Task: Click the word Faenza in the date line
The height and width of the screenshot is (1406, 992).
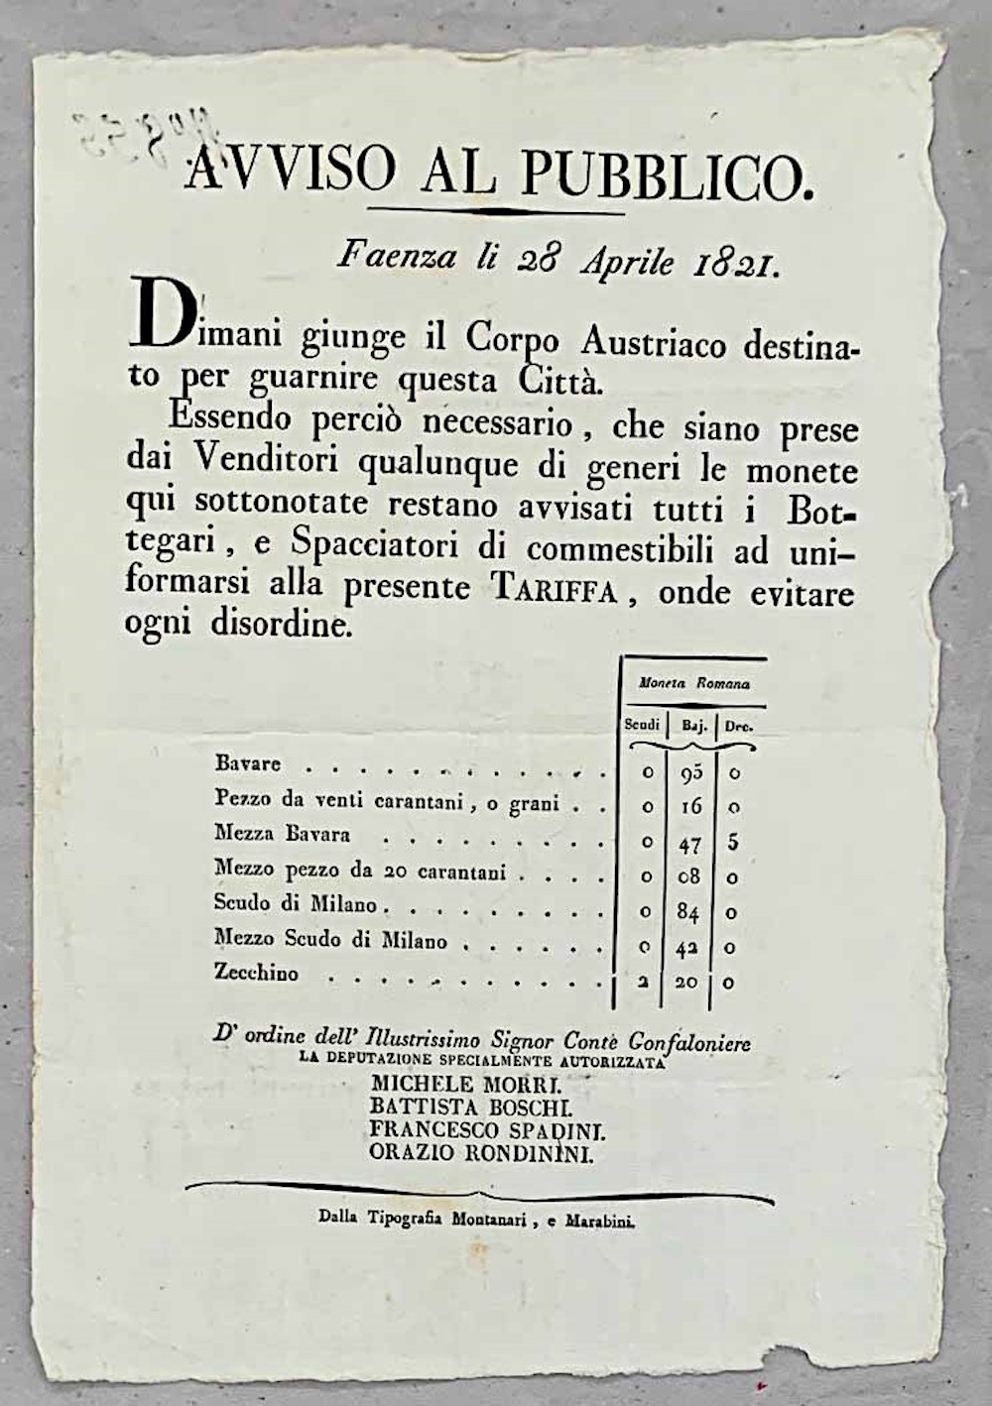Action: pos(398,257)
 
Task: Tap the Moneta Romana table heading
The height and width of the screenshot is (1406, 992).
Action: pos(694,683)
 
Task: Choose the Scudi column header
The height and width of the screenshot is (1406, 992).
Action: pos(642,725)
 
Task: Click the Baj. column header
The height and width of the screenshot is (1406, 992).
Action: pos(694,726)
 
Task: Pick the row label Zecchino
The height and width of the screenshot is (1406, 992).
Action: pos(256,974)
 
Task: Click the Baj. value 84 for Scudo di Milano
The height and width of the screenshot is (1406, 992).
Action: pos(690,909)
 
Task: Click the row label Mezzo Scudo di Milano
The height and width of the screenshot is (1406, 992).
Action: pos(330,939)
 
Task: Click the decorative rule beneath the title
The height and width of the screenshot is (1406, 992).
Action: pos(497,210)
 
